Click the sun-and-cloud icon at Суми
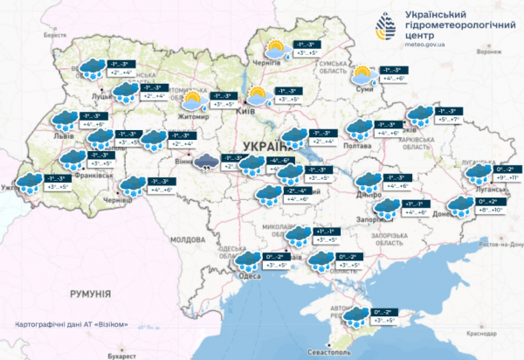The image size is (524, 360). pyautogui.click(x=362, y=74)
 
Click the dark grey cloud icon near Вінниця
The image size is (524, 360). pyautogui.click(x=207, y=161)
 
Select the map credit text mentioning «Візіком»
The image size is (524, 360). pyautogui.click(x=72, y=325)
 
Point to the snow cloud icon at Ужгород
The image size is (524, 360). pyautogui.click(x=38, y=182)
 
